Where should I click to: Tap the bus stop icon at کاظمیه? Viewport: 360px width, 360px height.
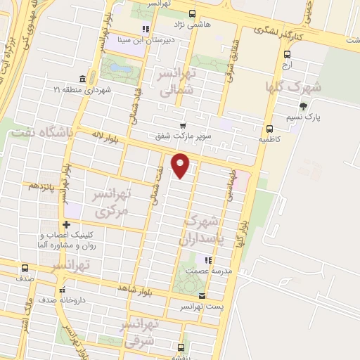pos(269,128)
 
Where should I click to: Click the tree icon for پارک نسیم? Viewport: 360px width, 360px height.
pos(303,106)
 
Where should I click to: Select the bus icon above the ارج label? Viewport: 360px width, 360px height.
pos(287,54)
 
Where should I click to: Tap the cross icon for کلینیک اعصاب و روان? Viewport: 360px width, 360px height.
pos(66,224)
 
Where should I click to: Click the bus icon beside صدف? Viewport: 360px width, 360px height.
pos(25,268)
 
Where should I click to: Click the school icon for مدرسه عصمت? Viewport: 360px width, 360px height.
pos(207,260)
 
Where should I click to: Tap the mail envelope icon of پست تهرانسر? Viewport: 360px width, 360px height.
pos(202,295)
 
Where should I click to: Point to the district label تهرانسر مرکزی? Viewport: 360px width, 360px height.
pos(112,201)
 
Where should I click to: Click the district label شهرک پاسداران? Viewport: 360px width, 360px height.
pos(209,229)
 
